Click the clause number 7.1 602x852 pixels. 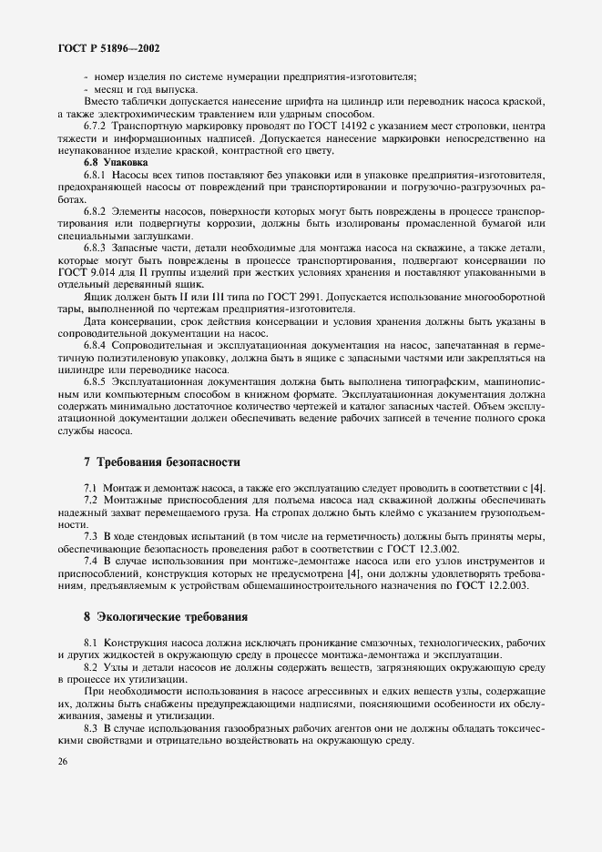(x=91, y=488)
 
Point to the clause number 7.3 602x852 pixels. (x=91, y=536)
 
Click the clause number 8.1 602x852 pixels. (x=91, y=643)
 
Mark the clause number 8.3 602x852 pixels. (x=91, y=726)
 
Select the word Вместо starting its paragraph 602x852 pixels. (x=103, y=104)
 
